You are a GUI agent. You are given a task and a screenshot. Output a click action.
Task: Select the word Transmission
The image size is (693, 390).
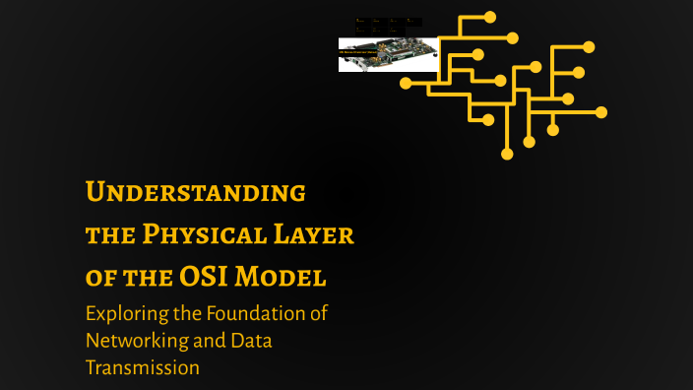(x=143, y=368)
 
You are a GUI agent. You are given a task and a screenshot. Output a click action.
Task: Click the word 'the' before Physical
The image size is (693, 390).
(x=108, y=235)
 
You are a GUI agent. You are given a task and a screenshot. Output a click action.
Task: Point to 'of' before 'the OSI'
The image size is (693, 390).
(x=98, y=278)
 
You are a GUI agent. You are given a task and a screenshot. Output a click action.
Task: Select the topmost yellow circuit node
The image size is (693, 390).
(x=490, y=17)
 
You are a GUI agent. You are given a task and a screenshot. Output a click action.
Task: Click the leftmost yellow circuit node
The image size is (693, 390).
(x=406, y=84)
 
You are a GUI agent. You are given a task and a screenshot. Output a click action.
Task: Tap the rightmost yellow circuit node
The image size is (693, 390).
(x=601, y=112)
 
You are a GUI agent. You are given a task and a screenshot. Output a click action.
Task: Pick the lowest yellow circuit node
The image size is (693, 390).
(x=507, y=154)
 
